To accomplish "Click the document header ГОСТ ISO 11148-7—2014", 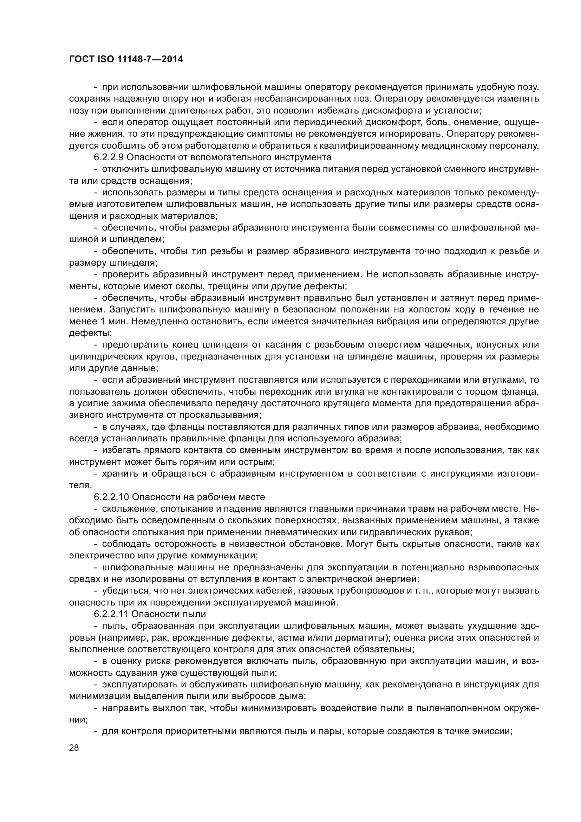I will (x=126, y=59).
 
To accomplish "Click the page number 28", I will (x=74, y=747).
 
